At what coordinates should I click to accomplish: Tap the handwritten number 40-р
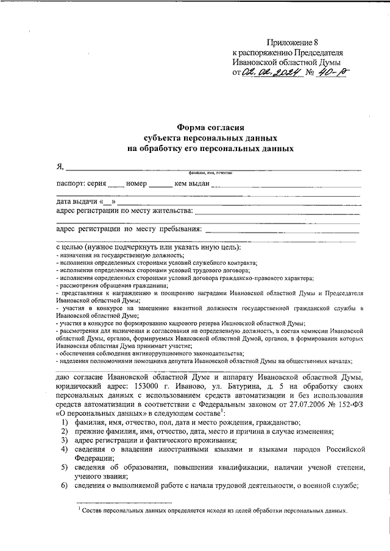click(x=332, y=74)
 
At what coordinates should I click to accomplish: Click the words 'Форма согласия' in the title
click(x=211, y=128)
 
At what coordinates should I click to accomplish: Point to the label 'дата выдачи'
click(x=77, y=201)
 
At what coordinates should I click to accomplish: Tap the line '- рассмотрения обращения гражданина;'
click(x=112, y=285)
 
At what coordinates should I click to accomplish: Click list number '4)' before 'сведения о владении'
click(x=64, y=449)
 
